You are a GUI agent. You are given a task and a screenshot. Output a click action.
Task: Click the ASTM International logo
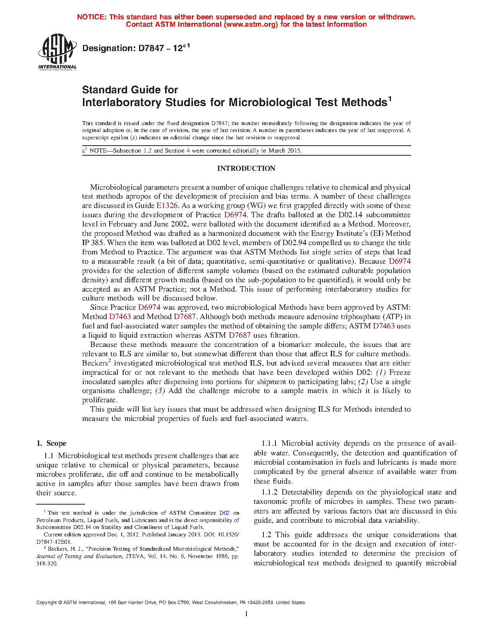coord(57,52)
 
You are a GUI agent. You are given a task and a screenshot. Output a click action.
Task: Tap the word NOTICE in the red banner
coord(91,17)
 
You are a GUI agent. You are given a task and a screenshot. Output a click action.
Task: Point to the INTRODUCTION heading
coord(246,168)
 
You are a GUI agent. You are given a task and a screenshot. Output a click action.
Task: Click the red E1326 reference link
coord(167,206)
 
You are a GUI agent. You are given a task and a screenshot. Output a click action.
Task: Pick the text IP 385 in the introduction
coord(93,243)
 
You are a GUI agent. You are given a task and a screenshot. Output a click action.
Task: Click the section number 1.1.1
coord(270,443)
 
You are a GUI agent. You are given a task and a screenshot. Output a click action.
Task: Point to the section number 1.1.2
coord(270,492)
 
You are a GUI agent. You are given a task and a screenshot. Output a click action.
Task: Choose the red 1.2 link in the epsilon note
coord(148,151)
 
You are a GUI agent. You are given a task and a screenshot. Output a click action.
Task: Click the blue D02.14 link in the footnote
coord(82,527)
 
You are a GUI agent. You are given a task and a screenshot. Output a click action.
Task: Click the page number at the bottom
coord(246,614)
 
